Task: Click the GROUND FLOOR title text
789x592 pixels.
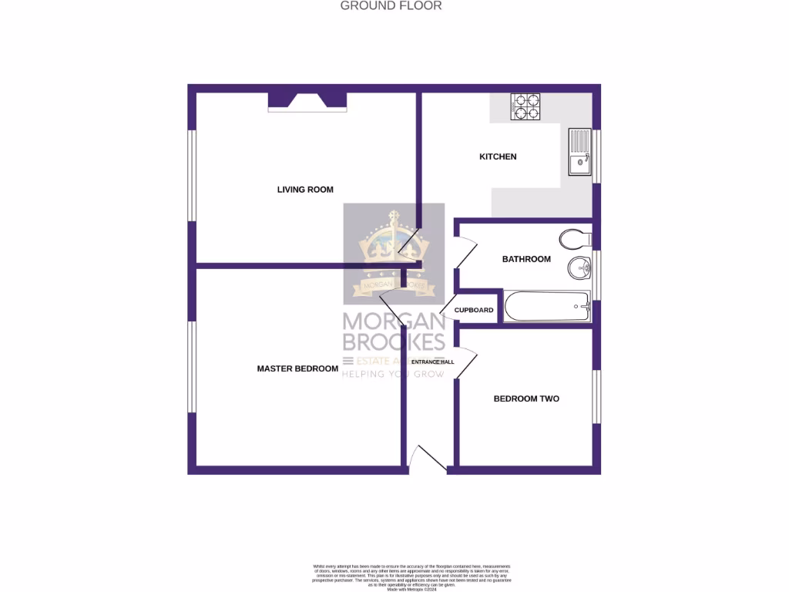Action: [391, 6]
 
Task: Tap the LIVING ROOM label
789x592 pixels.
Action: [305, 190]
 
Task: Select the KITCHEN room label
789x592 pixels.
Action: [498, 157]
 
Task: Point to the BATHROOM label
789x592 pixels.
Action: [526, 260]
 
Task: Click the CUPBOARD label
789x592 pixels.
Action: [474, 311]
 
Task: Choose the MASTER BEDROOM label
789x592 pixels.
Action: [297, 369]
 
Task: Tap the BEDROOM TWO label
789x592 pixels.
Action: [526, 399]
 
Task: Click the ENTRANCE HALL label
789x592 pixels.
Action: [432, 362]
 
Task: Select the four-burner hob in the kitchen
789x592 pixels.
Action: [526, 106]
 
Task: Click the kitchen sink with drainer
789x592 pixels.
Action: [579, 151]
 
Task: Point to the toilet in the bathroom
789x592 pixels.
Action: [572, 239]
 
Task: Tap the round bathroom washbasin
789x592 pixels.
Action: [579, 269]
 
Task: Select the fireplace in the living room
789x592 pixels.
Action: [307, 103]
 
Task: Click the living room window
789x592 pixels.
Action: [193, 176]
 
